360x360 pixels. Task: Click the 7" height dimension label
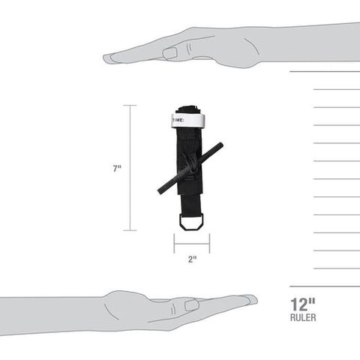point(117,169)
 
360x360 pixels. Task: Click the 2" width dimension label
point(192,259)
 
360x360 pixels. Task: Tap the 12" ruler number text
point(303,304)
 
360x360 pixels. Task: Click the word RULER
point(303,317)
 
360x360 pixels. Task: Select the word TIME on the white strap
point(178,120)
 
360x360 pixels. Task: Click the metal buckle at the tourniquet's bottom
point(191,222)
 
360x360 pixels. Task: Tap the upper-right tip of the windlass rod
point(220,145)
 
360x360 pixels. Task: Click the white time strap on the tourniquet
point(188,121)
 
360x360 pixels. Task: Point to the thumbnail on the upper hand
point(170,53)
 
